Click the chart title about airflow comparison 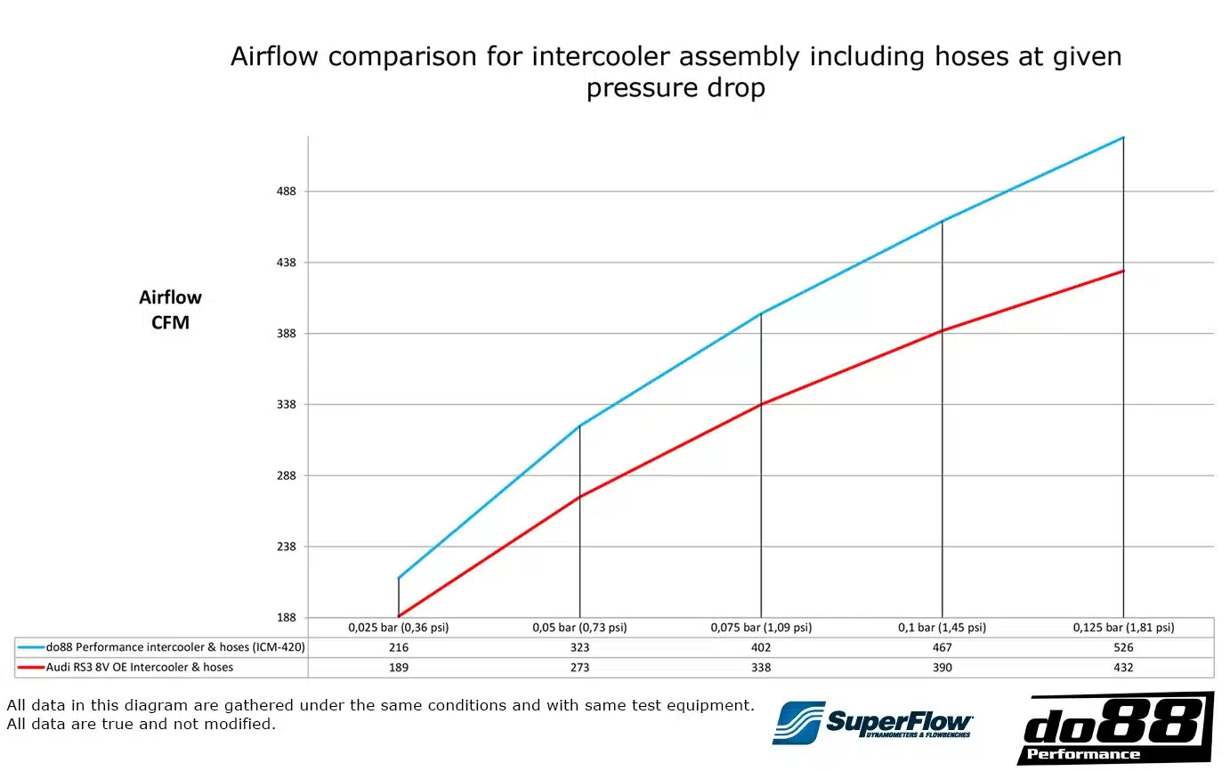676,72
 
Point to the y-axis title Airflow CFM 170,310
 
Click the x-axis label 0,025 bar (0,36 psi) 398,628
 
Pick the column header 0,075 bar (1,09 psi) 761,628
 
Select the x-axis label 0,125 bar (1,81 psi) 1123,628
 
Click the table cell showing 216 398,648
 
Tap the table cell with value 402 761,648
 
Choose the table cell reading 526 1123,648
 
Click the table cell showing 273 579,668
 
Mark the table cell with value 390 942,668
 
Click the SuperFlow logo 872,722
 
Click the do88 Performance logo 1114,728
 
